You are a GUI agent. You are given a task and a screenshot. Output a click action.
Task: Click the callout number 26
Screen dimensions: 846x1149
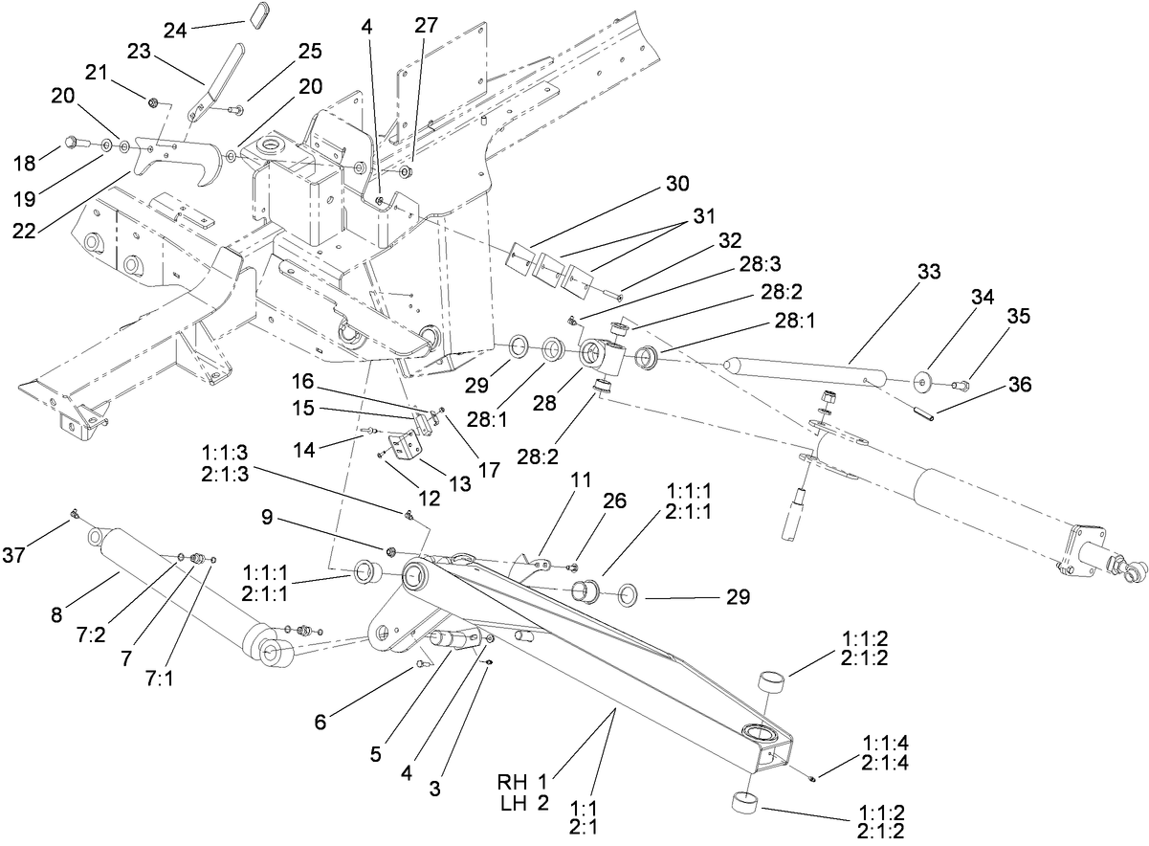[616, 500]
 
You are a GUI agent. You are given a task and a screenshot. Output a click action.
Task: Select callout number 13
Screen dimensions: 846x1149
[461, 483]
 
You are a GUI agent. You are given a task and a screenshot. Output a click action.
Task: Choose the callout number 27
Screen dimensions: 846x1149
[425, 25]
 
